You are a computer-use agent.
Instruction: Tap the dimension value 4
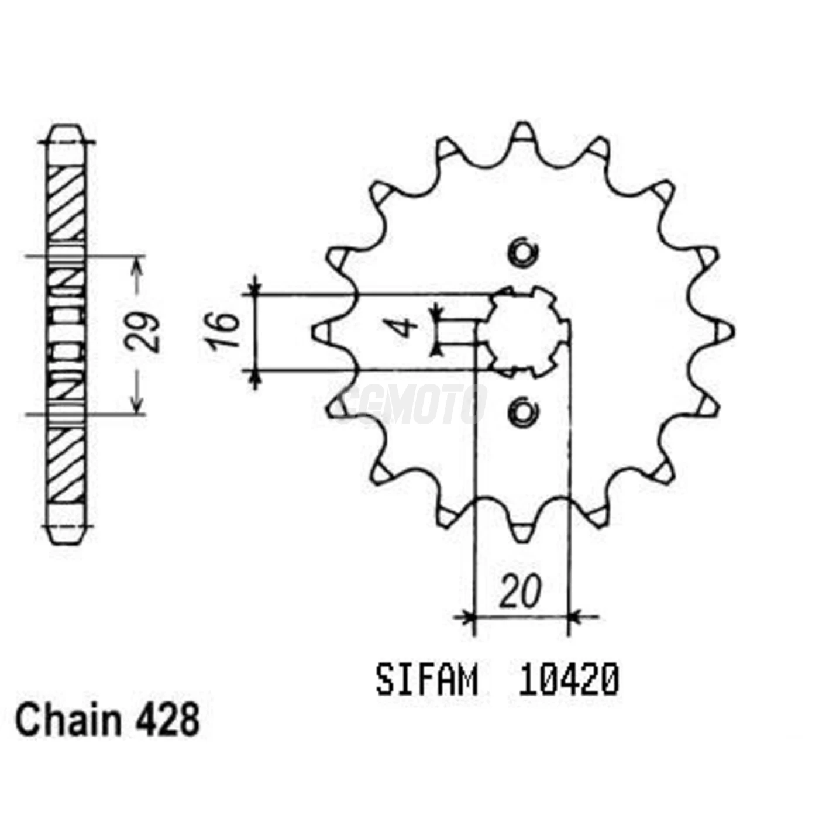coord(406,329)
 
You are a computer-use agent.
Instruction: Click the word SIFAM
coord(426,680)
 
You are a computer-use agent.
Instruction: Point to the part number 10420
coord(568,680)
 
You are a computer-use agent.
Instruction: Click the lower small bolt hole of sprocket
coord(522,412)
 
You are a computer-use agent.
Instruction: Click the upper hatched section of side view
coord(66,202)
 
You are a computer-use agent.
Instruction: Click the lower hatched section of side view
coord(66,465)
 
